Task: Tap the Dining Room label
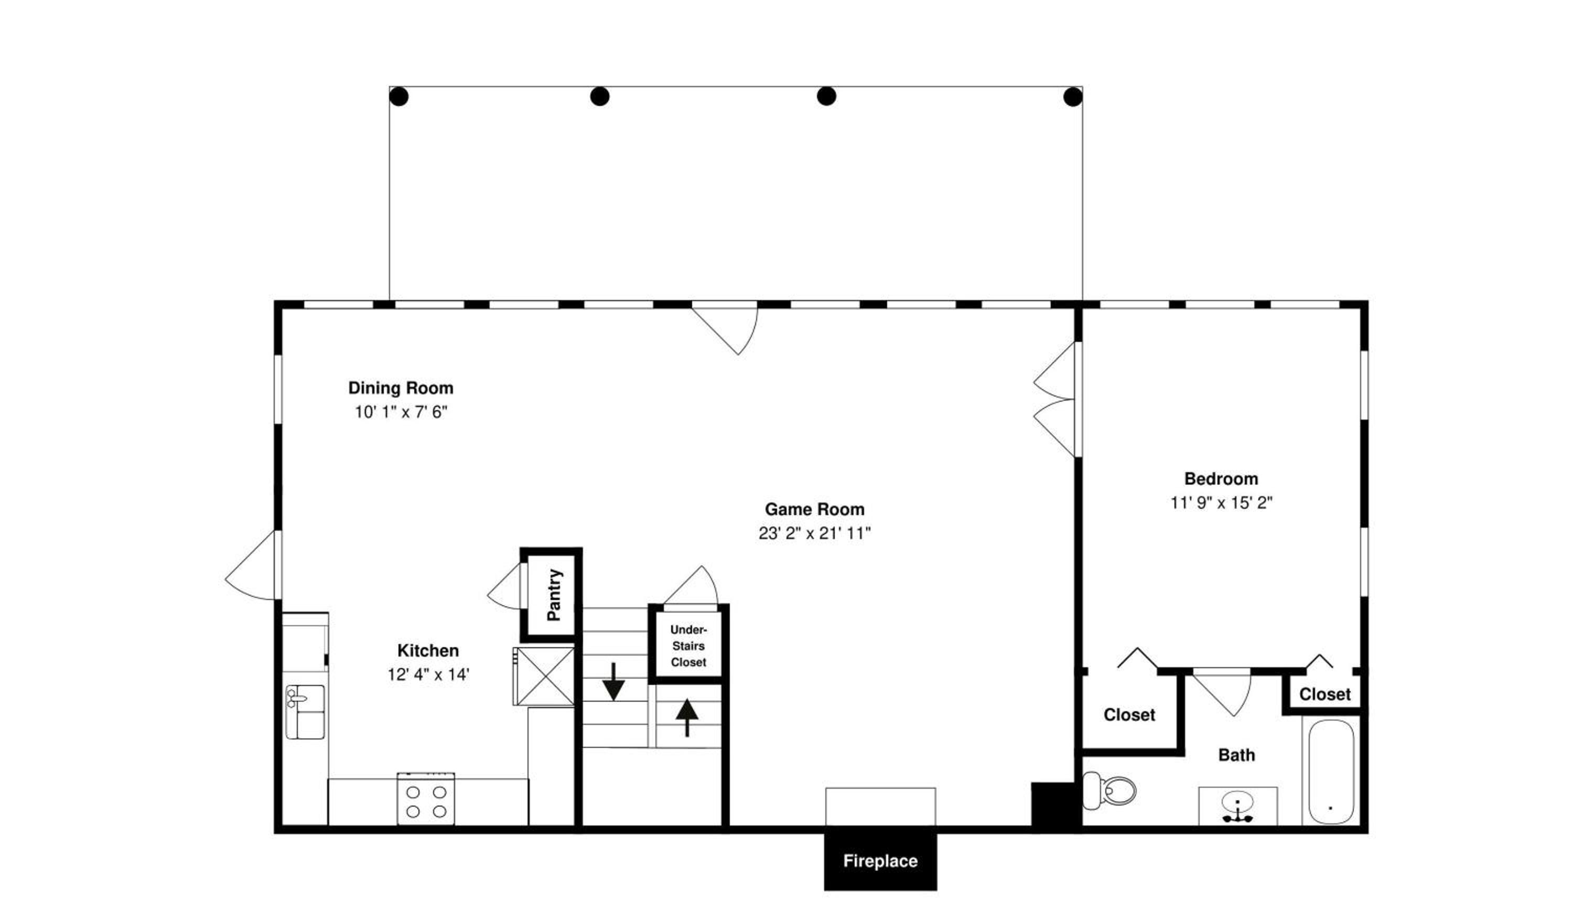point(401,388)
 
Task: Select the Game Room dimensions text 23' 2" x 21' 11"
point(815,533)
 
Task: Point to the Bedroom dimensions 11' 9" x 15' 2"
point(1221,502)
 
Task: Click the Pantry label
point(554,594)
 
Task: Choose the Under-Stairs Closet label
point(688,646)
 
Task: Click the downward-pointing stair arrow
point(613,681)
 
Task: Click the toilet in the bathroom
point(1108,791)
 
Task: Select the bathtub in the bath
point(1331,771)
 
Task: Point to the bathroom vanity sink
point(1237,807)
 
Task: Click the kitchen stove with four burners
point(426,799)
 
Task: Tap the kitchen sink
point(305,712)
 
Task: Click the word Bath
point(1236,755)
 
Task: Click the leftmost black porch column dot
point(399,97)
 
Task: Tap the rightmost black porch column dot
point(1072,97)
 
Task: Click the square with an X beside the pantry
point(544,677)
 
